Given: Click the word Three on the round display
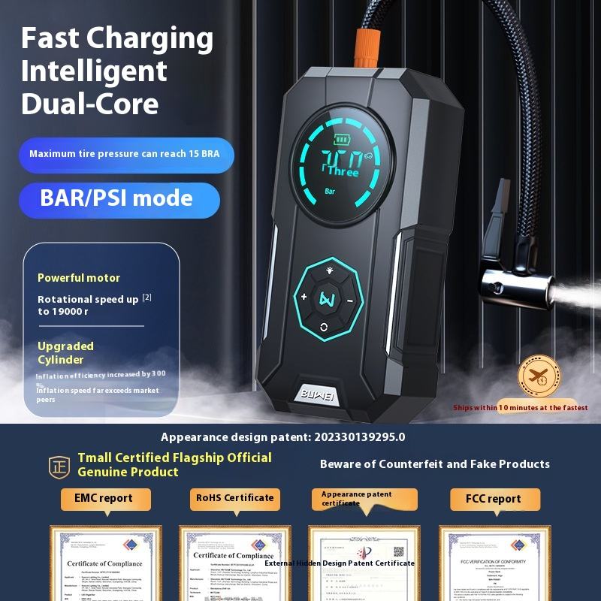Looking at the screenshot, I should coord(342,172).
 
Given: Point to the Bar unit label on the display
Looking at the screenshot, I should coord(330,191).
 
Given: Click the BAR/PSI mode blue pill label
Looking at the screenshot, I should coord(119,199).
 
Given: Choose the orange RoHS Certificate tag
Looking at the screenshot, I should coord(234,498).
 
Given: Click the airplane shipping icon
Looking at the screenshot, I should coord(539,376).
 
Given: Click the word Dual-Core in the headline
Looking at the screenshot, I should coord(90,103).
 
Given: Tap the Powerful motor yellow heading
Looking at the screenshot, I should coord(79,278).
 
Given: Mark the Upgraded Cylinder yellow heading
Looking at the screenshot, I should coord(66,352).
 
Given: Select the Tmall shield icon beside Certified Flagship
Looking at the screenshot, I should coord(59,465).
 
